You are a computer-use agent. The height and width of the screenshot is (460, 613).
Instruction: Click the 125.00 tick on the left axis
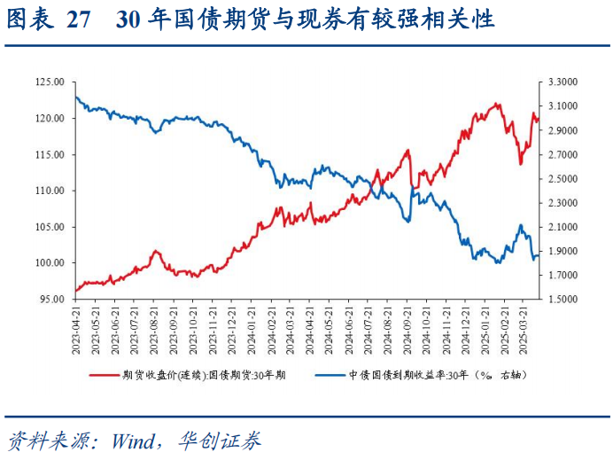click(x=50, y=82)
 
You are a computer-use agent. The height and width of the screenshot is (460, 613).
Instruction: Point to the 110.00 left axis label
click(x=50, y=191)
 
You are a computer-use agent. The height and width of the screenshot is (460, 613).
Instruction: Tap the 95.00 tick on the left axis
click(x=52, y=300)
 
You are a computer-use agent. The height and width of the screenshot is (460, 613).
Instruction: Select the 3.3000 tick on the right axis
click(x=563, y=82)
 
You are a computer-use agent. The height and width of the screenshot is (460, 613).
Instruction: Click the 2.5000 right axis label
click(x=563, y=179)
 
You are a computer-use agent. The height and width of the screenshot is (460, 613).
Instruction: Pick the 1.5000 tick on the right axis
click(x=563, y=300)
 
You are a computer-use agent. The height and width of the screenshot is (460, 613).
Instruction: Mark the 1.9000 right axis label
click(x=563, y=252)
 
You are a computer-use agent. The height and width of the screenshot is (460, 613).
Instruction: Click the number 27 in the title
click(x=79, y=20)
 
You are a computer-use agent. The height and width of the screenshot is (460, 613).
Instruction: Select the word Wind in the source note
click(x=133, y=441)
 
